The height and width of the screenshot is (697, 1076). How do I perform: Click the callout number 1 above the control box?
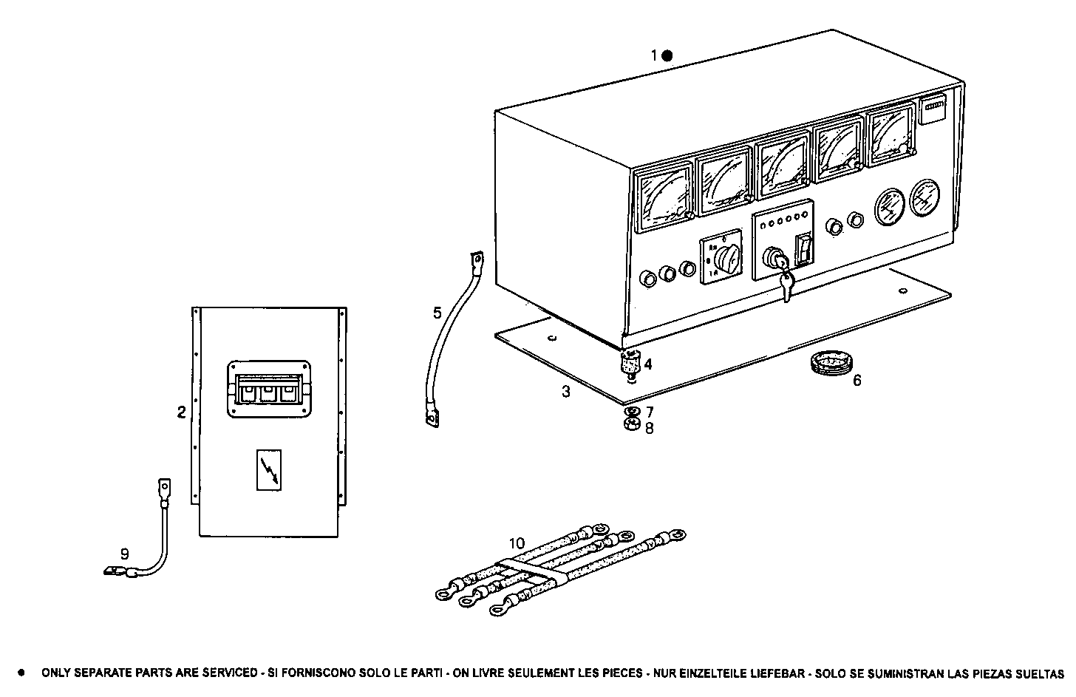click(654, 55)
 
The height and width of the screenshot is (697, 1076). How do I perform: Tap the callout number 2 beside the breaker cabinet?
click(181, 412)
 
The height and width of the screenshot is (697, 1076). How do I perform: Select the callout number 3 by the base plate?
click(566, 392)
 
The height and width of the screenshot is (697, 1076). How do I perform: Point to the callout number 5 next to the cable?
click(437, 313)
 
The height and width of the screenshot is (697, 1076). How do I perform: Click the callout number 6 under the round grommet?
click(857, 381)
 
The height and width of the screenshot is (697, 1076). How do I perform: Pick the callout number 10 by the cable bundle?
click(517, 543)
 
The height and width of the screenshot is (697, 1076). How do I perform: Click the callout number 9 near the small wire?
click(124, 553)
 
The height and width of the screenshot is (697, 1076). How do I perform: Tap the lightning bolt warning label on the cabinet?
click(268, 469)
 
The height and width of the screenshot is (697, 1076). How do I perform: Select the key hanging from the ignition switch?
click(786, 286)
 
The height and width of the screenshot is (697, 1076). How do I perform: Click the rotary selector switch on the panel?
click(722, 261)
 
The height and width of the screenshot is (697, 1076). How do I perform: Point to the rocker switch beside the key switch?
click(804, 250)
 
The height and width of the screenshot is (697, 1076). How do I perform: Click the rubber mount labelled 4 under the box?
click(630, 364)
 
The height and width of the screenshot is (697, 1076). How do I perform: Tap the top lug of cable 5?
click(476, 259)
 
